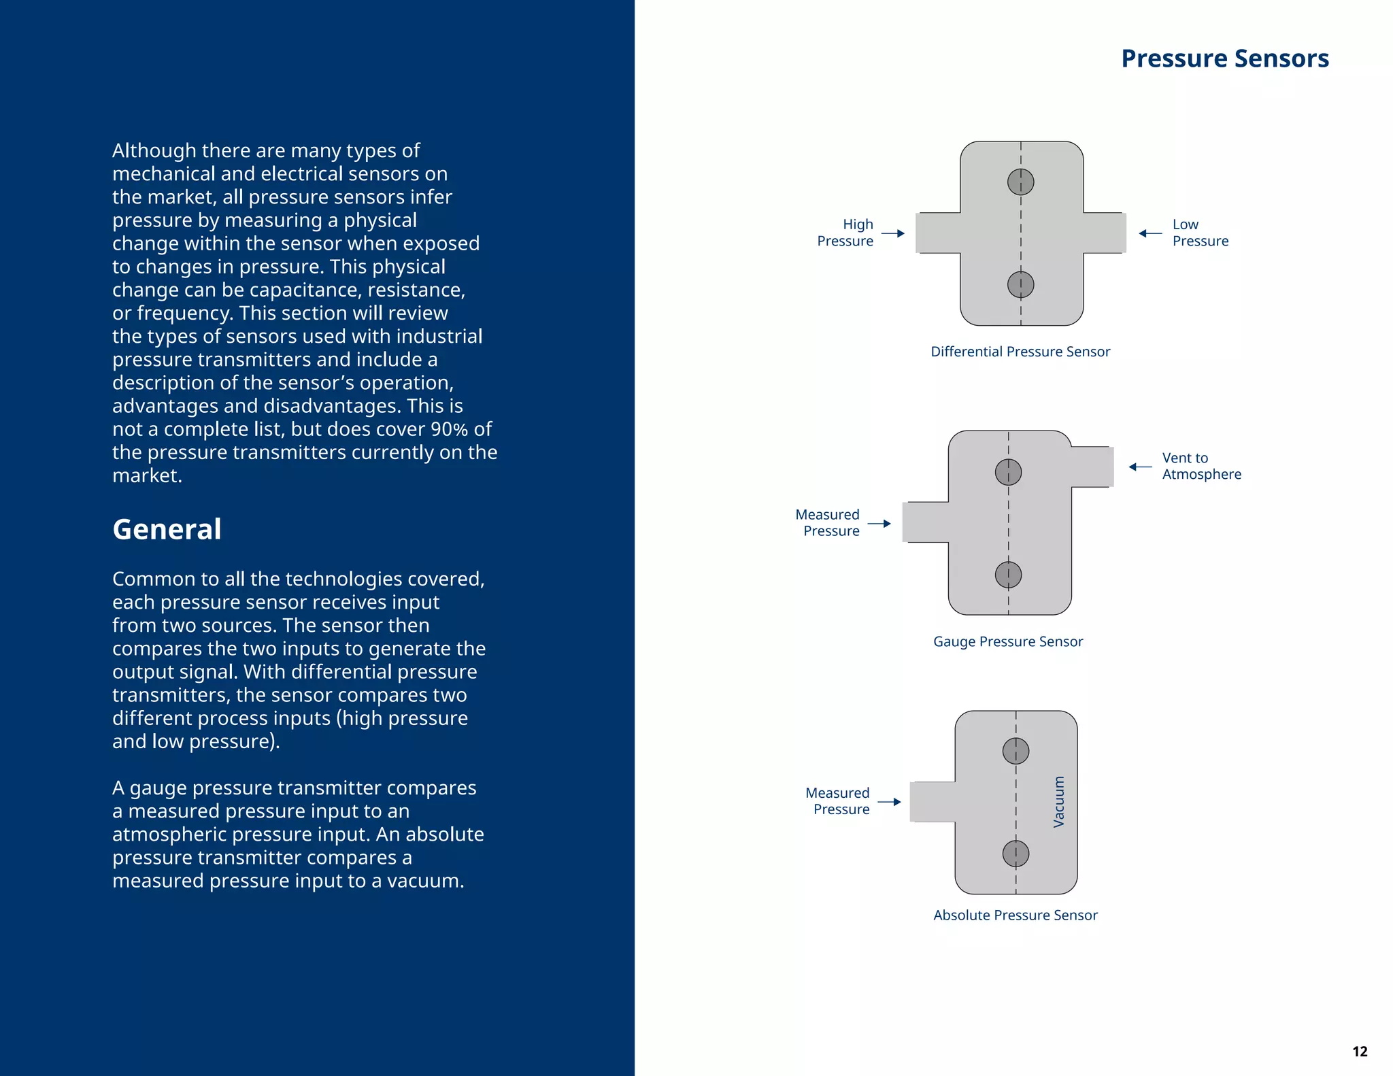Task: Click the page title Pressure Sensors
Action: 1224,58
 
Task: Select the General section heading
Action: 167,529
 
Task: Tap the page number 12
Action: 1359,1052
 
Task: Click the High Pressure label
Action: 845,233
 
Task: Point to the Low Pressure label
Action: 1200,233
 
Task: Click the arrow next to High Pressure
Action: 893,233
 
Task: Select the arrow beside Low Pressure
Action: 1150,233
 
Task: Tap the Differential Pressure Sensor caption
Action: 1020,352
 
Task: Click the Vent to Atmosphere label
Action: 1201,466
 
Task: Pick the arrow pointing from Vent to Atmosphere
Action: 1140,467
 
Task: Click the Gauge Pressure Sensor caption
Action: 1008,641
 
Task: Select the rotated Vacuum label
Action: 1058,802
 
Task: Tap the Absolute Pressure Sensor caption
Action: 1015,915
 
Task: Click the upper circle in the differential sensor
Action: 1020,182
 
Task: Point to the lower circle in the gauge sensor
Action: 1008,575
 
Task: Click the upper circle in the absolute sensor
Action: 1016,751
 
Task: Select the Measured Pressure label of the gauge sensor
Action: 828,522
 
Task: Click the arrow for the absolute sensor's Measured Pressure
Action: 889,802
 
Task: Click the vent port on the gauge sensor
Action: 1092,467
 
